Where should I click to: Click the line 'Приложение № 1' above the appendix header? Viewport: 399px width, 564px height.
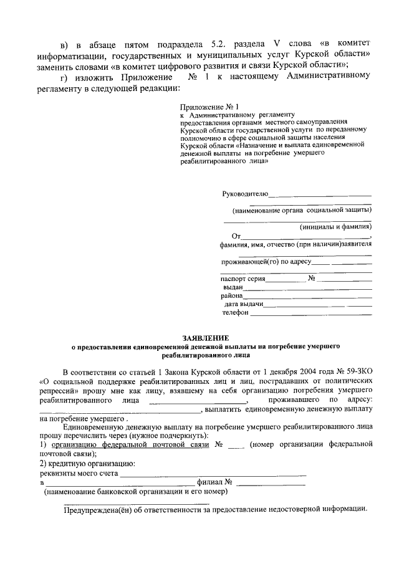coord(202,107)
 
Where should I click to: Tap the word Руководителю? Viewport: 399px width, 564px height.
coord(245,194)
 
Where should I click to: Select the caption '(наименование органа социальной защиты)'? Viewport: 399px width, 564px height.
coord(301,210)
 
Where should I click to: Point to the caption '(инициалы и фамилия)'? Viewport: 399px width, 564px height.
coord(335,227)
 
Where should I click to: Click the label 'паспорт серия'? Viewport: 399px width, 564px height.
coord(243,278)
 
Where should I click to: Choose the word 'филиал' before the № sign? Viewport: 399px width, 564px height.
coord(209,482)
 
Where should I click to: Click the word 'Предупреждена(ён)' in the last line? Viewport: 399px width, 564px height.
coord(95,509)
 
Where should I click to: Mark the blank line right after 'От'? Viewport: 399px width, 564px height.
coord(305,237)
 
